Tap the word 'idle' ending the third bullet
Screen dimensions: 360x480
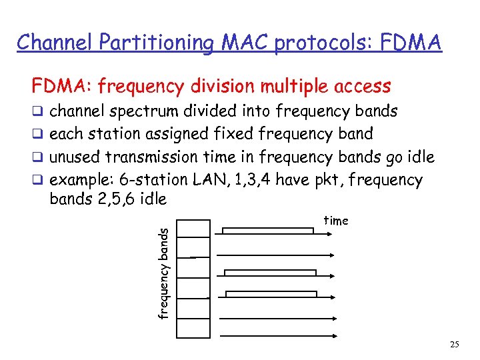419,157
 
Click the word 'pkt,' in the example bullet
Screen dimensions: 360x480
319,180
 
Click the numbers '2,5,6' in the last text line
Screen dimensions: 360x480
111,199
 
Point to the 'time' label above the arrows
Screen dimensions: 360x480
336,221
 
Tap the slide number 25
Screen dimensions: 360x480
455,345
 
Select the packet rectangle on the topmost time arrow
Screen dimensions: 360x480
267,231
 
